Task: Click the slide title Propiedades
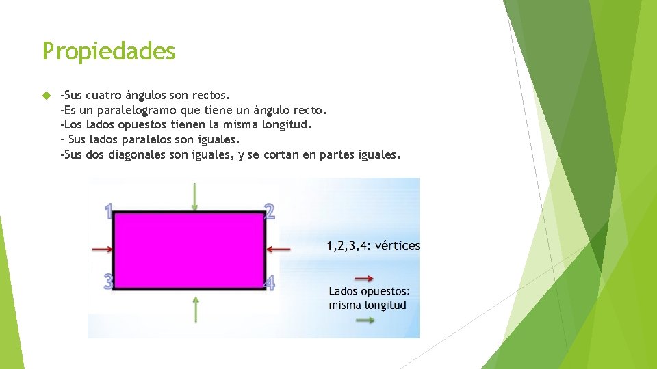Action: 109,51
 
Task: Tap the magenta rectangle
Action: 189,249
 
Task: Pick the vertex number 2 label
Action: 270,211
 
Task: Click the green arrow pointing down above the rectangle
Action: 195,196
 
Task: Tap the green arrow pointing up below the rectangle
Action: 196,309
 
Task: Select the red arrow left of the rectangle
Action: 102,250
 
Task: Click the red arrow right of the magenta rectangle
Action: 279,249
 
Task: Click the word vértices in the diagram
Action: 398,246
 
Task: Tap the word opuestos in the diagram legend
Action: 383,292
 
